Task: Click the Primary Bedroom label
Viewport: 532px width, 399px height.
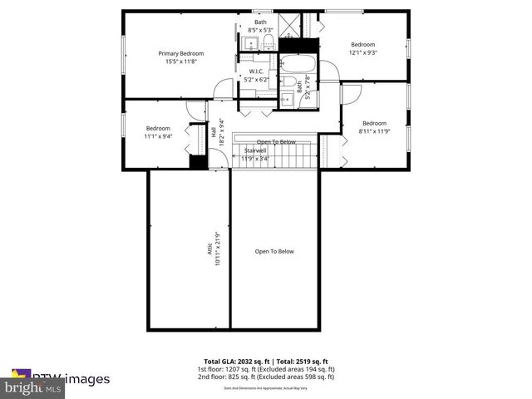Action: pos(181,53)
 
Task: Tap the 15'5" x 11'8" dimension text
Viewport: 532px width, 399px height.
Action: pos(181,62)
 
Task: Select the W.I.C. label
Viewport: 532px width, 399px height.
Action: pos(256,71)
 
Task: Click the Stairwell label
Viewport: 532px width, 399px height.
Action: pos(255,150)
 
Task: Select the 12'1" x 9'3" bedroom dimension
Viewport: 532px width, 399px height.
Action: pos(363,52)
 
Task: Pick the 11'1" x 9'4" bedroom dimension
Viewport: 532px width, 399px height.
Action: pos(158,135)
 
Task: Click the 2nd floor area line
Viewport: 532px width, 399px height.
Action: pos(266,377)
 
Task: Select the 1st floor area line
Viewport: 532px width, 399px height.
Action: pos(266,369)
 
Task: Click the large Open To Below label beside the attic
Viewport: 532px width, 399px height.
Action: pos(274,251)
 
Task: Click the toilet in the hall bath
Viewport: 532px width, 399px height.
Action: pos(288,101)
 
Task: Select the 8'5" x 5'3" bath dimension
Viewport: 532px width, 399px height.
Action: pos(260,30)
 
